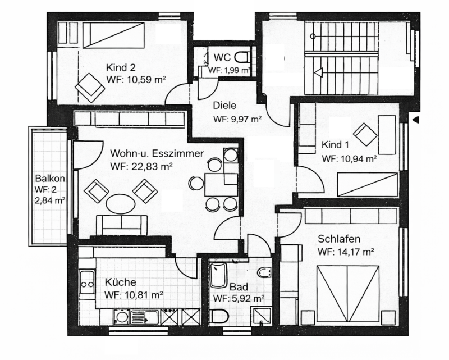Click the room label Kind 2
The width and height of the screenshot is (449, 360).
121,67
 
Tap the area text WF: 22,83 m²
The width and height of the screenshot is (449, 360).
141,166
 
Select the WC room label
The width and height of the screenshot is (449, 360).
222,57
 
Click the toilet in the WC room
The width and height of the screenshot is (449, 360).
243,57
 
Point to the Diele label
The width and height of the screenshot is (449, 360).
224,106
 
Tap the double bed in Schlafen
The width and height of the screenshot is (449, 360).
348,295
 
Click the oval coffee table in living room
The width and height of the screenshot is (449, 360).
121,204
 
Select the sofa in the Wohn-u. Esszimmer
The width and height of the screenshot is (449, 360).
122,225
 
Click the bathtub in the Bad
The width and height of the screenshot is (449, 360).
218,275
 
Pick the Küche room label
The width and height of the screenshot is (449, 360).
120,282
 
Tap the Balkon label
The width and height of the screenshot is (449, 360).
50,178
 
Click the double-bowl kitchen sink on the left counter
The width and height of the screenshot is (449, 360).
87,284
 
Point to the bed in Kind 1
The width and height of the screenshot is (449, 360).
368,185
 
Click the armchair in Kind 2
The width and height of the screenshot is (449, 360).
90,88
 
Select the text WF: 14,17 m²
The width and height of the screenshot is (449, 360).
346,252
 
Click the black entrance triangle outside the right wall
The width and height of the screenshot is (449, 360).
415,120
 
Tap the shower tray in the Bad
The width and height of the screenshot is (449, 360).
262,316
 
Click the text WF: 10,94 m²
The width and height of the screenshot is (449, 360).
349,158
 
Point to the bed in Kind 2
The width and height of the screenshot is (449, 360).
113,35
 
